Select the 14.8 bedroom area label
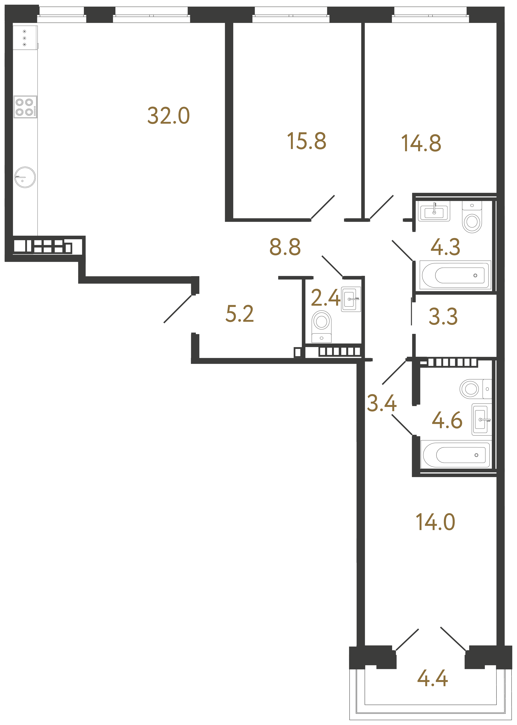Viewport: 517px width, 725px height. [421, 143]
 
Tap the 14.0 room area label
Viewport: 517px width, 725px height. [435, 522]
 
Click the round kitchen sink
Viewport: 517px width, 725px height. [25, 177]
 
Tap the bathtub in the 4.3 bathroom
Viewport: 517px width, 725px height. [455, 275]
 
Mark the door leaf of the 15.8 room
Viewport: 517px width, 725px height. [322, 207]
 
